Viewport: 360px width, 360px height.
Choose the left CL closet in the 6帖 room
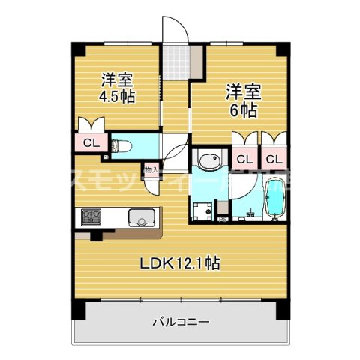pyautogui.click(x=244, y=159)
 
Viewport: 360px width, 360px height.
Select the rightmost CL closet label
pyautogui.click(x=273, y=159)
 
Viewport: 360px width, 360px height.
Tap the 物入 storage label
pyautogui.click(x=150, y=170)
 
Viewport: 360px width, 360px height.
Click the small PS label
pyautogui.click(x=222, y=219)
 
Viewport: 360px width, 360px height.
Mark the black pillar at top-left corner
pyautogui.click(x=76, y=46)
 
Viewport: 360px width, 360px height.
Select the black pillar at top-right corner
pyautogui.click(x=282, y=48)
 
